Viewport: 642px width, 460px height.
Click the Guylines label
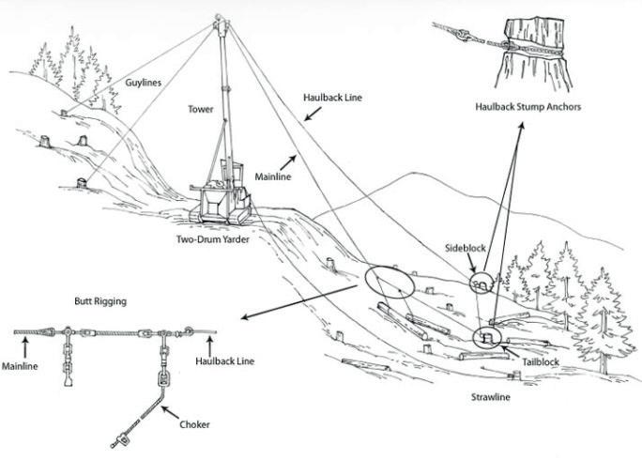pos(143,83)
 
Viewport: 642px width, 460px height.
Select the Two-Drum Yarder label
pos(218,240)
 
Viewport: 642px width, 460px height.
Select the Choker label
pos(194,425)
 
